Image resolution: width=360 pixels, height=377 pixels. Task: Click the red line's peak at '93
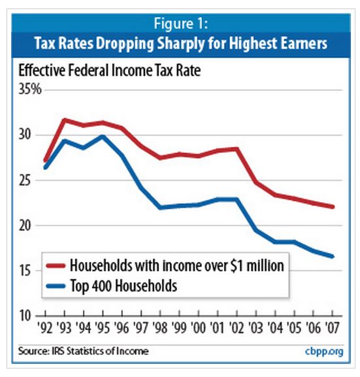pos(64,120)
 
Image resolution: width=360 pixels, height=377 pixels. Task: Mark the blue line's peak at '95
pos(102,137)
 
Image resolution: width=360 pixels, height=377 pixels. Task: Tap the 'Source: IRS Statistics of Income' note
pos(82,352)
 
